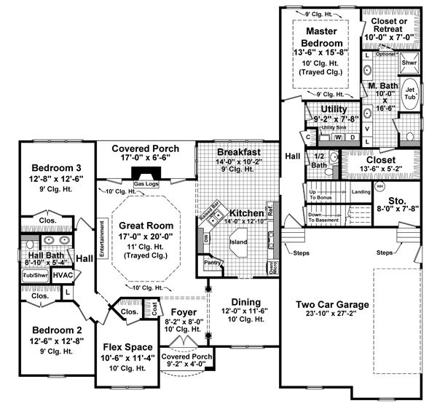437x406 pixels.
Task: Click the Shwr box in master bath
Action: coord(410,63)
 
